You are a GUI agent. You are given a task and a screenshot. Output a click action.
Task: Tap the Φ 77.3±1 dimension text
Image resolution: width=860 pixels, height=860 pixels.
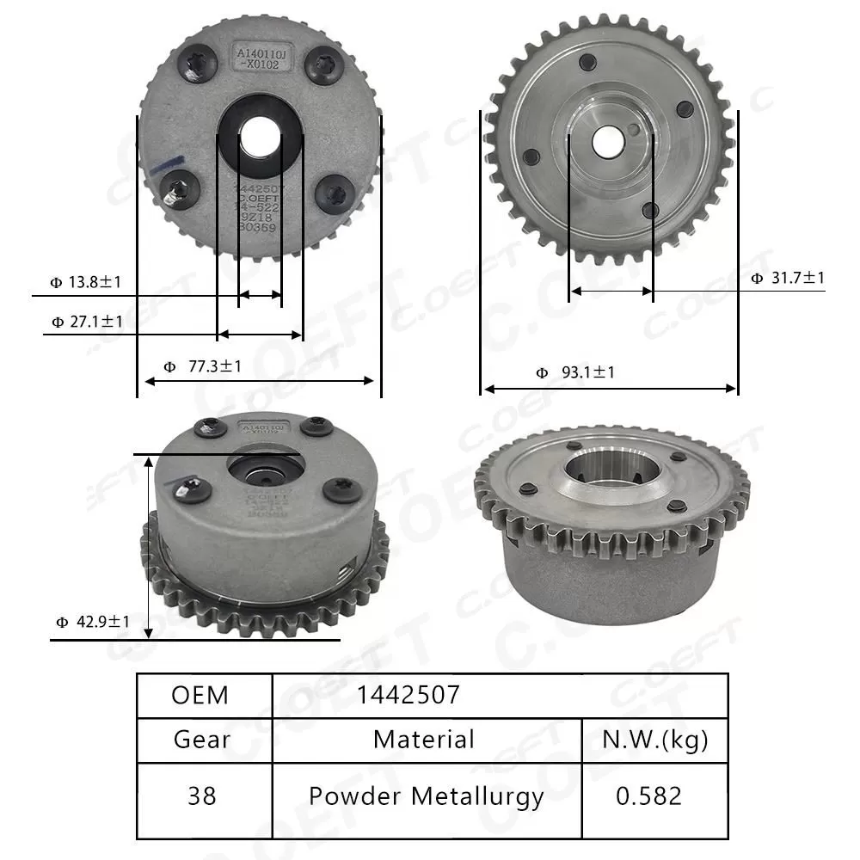[x=203, y=366]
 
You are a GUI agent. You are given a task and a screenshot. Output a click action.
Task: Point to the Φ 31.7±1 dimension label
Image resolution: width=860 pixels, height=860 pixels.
[x=788, y=277]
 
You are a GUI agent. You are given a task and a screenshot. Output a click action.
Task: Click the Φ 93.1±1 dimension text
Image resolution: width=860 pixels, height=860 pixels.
[x=575, y=372]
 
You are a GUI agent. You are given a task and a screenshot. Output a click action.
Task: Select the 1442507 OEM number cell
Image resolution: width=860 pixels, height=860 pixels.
[x=408, y=695]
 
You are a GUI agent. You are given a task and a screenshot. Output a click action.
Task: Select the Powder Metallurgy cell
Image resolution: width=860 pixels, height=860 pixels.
[x=426, y=796]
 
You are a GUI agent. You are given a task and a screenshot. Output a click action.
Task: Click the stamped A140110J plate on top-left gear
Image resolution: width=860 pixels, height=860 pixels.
[x=265, y=58]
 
